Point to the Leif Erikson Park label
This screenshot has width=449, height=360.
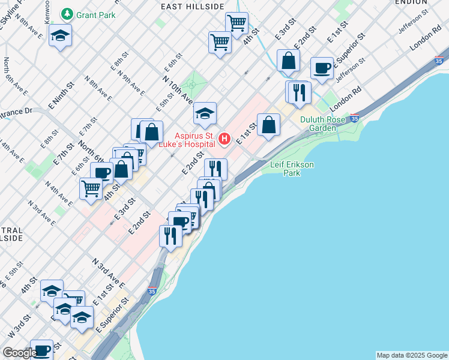(291, 169)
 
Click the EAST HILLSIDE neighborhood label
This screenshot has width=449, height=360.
(193, 6)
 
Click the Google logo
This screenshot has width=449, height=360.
(19, 353)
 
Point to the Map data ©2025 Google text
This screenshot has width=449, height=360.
(411, 355)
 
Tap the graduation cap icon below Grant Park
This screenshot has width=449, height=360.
(60, 35)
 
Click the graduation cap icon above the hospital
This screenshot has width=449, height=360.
(205, 112)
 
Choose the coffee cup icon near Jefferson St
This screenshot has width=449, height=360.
(322, 68)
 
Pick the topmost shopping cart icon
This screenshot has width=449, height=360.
(237, 23)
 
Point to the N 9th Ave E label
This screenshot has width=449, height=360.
(131, 83)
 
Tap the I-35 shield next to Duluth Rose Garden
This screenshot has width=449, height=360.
(355, 118)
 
